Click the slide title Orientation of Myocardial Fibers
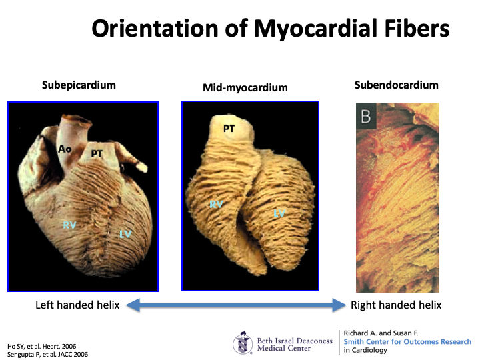click(270, 29)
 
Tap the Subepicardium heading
click(79, 85)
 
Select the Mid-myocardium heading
click(245, 87)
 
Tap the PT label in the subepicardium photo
click(97, 154)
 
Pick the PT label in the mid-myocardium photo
click(229, 129)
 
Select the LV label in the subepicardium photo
click(125, 233)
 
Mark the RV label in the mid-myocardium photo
click(216, 205)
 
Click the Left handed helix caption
click(77, 305)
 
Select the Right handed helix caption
click(396, 305)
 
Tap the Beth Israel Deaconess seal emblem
click(243, 343)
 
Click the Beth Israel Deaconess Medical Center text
click(294, 344)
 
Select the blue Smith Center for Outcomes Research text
click(407, 341)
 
